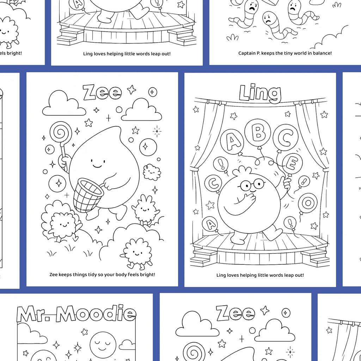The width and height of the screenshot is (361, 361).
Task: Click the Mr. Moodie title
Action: coord(76,314)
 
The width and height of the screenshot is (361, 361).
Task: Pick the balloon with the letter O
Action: coord(308,203)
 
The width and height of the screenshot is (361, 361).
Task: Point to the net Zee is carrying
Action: coord(88,195)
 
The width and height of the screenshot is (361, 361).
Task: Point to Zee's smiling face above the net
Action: coord(98,163)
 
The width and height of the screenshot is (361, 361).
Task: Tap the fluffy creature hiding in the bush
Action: coord(61,223)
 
